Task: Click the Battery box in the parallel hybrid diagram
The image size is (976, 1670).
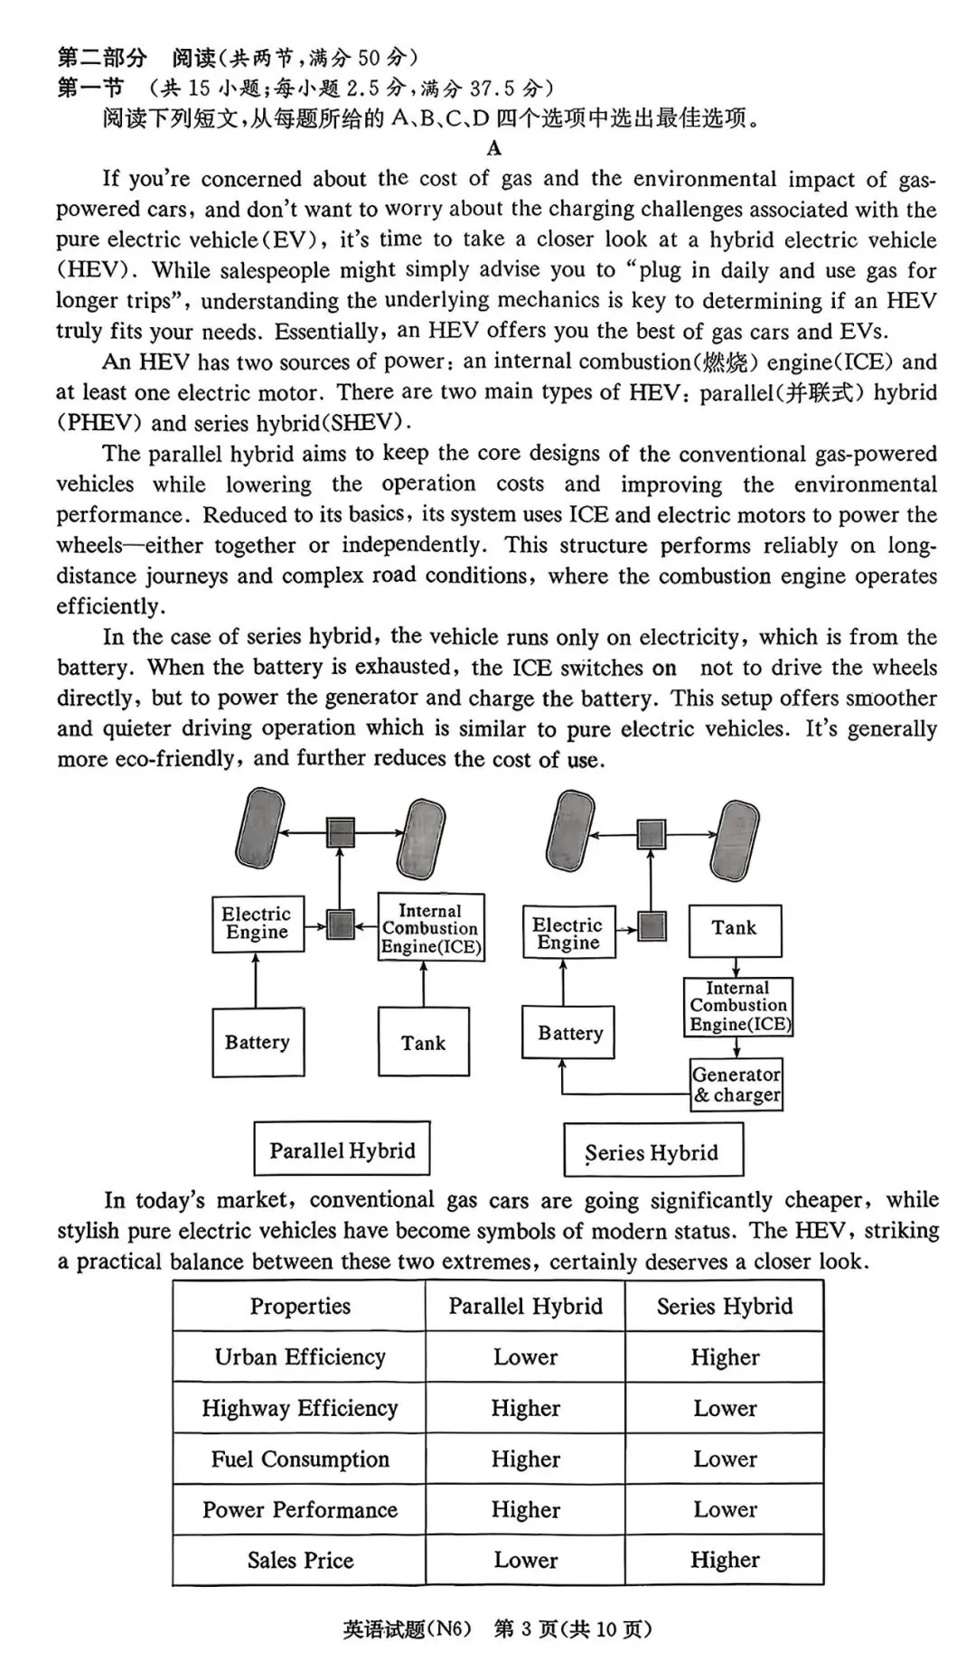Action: coord(258,1042)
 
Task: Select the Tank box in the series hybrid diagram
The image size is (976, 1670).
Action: coord(735,930)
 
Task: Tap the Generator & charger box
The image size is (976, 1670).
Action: coord(736,1084)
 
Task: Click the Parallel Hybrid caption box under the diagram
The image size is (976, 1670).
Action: coord(342,1149)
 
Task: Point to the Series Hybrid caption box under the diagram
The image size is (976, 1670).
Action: coord(652,1150)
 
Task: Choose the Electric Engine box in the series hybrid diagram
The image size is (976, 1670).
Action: coord(568,934)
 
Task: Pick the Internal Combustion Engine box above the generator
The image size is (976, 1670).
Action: coord(737,1006)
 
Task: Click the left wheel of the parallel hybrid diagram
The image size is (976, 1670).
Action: coord(258,829)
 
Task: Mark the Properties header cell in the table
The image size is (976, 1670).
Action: coord(300,1306)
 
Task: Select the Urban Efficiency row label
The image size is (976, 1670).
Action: coord(300,1356)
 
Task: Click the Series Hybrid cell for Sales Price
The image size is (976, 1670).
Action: coord(725,1560)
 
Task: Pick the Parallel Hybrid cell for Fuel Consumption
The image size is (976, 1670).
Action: coord(525,1459)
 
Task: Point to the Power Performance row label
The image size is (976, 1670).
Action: coord(300,1509)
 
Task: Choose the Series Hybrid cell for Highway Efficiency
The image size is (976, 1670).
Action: coord(725,1408)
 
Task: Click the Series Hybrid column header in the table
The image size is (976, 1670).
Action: coord(725,1306)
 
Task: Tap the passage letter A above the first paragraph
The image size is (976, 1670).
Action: coord(493,148)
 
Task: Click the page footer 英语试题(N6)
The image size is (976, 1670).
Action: coord(408,1628)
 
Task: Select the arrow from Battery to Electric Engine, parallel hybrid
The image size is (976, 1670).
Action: coord(257,980)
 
